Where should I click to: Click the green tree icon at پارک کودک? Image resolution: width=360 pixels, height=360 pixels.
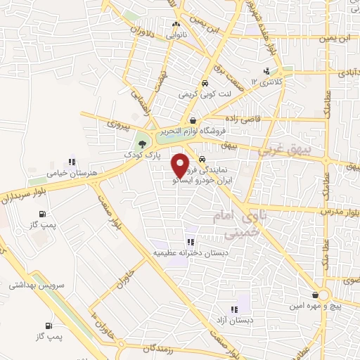point(143,143)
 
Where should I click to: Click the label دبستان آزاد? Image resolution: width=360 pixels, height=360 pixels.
point(234,321)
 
